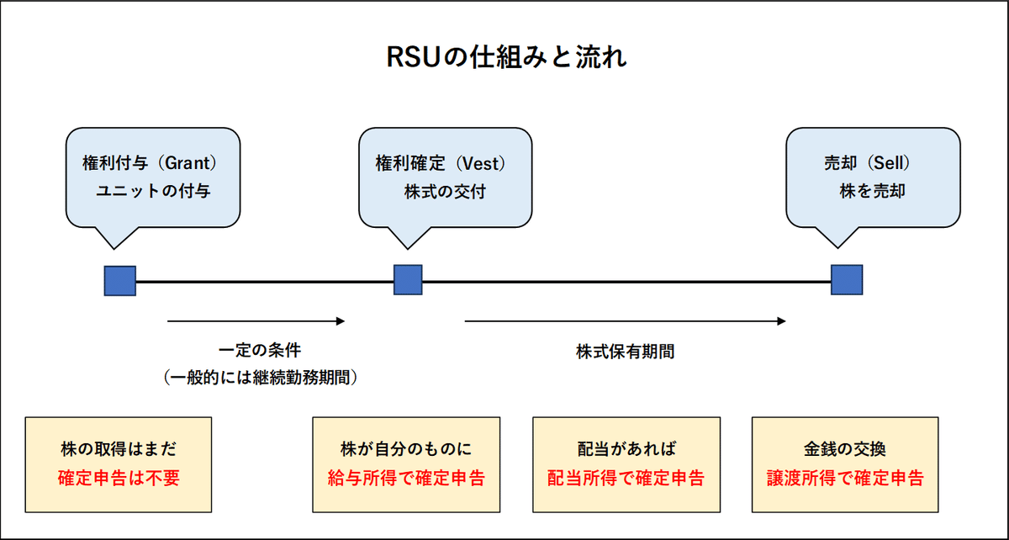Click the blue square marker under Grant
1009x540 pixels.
click(x=120, y=280)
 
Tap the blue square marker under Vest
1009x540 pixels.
click(x=408, y=279)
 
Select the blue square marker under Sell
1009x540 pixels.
click(x=846, y=279)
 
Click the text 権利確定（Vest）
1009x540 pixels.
click(x=443, y=162)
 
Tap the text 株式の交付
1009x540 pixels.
click(x=444, y=192)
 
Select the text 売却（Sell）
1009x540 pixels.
click(x=872, y=162)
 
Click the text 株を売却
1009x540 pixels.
click(x=872, y=192)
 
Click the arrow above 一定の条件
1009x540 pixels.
click(x=256, y=320)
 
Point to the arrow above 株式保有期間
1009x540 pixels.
click(x=625, y=320)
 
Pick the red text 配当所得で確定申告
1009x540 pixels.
click(x=626, y=479)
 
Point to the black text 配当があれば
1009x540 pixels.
click(x=626, y=447)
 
